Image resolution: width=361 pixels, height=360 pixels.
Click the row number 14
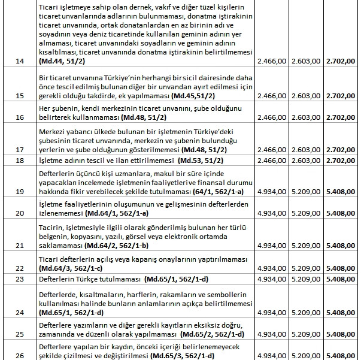click(x=19, y=61)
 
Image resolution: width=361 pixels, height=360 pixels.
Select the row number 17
click(x=19, y=149)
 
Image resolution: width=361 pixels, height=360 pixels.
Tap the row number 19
click(x=19, y=191)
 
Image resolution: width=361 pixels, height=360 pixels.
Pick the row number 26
click(x=19, y=355)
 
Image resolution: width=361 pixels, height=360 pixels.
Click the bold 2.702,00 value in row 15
click(x=342, y=95)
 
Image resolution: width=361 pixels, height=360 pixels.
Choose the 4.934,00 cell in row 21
click(x=271, y=246)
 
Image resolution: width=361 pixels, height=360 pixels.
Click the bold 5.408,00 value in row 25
click(x=342, y=334)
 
